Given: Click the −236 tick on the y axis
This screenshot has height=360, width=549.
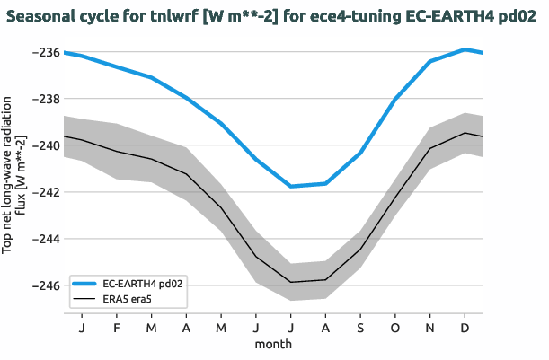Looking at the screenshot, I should click(x=45, y=53).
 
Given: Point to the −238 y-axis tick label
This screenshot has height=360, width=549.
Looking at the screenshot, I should click(x=45, y=100).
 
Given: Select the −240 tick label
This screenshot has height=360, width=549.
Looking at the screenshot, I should click(x=45, y=146).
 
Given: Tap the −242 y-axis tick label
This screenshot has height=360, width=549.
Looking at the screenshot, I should click(x=45, y=193).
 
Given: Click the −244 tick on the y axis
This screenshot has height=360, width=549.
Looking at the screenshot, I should click(x=45, y=240).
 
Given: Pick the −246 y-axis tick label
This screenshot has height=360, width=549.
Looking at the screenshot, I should click(x=45, y=286).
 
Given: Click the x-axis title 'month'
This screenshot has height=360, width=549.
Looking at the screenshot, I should click(x=273, y=344).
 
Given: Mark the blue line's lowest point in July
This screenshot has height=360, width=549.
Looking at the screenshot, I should click(x=290, y=186).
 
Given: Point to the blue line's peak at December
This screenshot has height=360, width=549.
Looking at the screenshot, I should click(x=465, y=49).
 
